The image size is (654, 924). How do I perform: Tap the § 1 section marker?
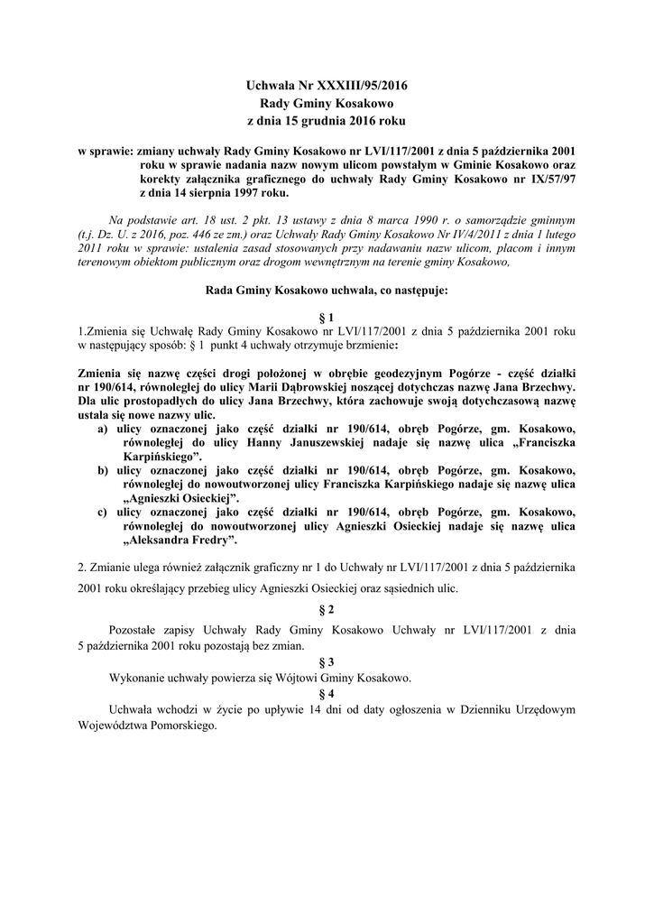tap(327, 318)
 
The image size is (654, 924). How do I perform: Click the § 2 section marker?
tap(327, 609)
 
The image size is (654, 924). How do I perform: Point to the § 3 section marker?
tap(327, 661)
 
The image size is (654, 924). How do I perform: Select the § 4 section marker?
tap(327, 693)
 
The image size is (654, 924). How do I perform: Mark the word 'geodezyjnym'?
tap(390, 371)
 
